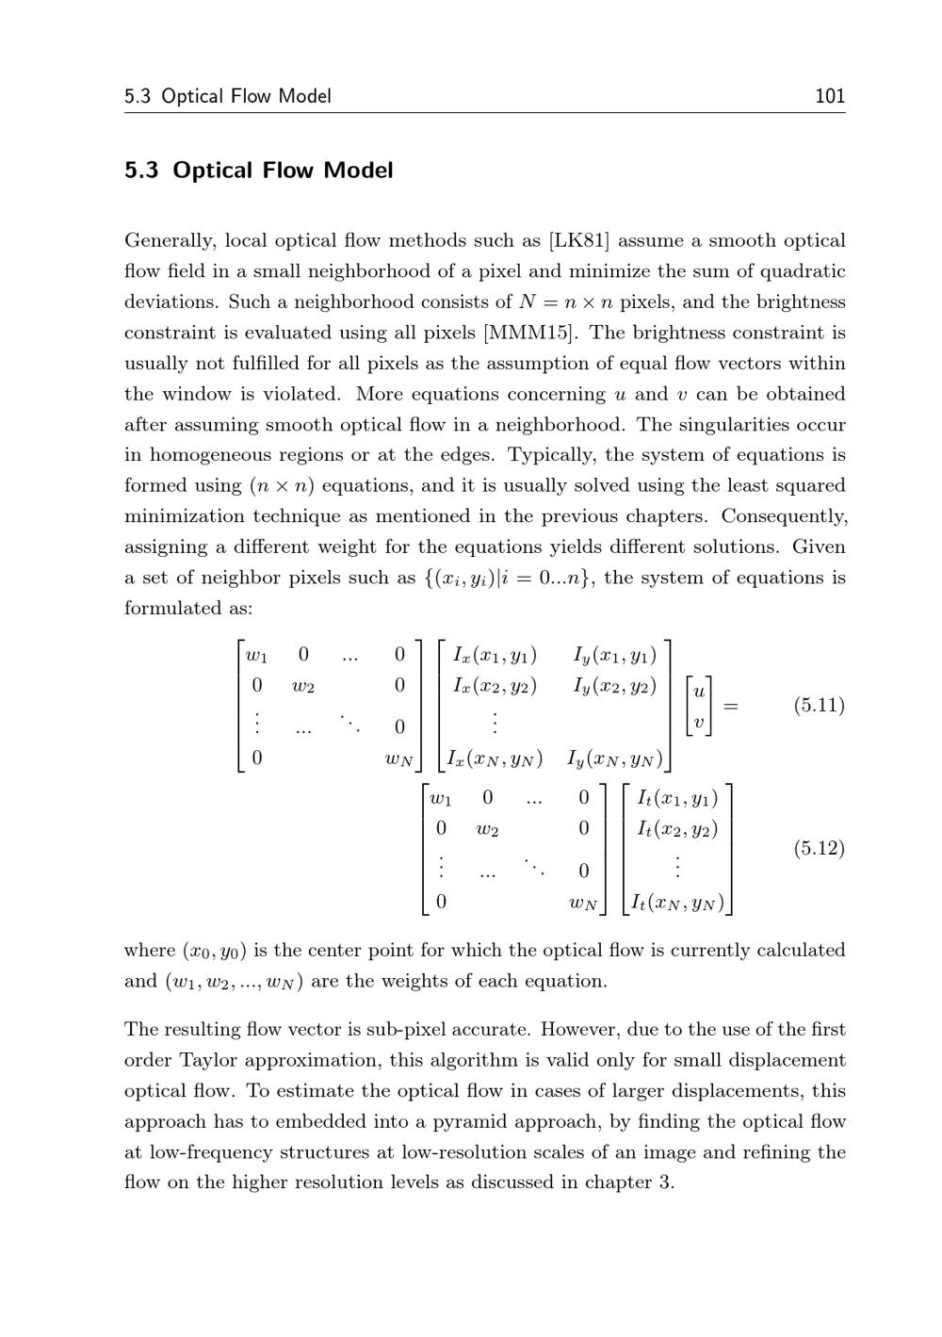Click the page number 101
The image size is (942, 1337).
pos(829,96)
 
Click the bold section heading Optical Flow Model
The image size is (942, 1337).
pos(283,171)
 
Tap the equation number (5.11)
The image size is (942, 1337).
pos(819,705)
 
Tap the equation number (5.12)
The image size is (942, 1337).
pos(819,848)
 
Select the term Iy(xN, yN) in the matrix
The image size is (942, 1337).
pos(614,758)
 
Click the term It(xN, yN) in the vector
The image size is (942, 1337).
pos(677,903)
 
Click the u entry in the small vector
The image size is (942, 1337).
pos(698,691)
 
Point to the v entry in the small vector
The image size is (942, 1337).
pos(698,723)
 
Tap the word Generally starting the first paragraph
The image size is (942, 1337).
pos(170,241)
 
